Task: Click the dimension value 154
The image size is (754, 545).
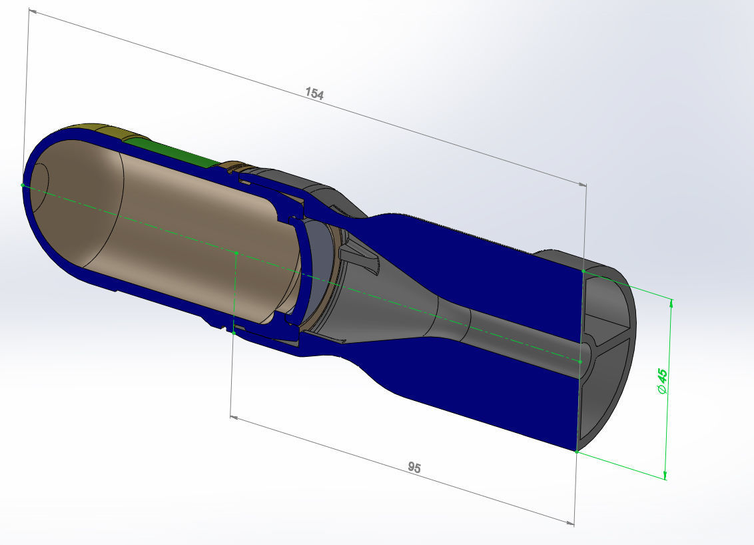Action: (x=314, y=94)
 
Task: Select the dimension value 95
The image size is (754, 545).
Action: (x=414, y=468)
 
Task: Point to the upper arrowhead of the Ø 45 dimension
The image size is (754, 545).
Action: (x=671, y=303)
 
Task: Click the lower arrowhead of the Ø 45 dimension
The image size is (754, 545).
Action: (x=665, y=474)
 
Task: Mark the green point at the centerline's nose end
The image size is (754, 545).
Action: (x=23, y=185)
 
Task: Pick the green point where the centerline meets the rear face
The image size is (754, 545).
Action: (x=580, y=362)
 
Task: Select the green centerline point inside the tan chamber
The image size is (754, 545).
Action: (x=237, y=253)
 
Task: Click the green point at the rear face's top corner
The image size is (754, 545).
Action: (x=583, y=271)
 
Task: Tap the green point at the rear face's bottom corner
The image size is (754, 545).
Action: (x=576, y=452)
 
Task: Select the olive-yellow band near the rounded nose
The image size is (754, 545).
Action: (x=93, y=130)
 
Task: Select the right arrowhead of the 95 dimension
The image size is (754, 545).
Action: (x=571, y=523)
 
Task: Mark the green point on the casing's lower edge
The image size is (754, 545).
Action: (x=234, y=332)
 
